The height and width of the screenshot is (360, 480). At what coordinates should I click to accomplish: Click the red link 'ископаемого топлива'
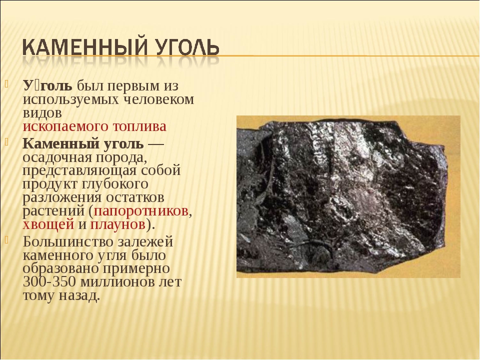click(x=94, y=126)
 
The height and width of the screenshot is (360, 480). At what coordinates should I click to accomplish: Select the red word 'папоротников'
click(x=141, y=210)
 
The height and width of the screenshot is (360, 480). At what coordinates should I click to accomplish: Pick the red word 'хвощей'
click(x=48, y=224)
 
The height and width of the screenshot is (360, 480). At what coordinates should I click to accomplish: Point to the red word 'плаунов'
click(x=117, y=224)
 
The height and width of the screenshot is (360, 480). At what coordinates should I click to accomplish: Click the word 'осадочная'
click(x=57, y=157)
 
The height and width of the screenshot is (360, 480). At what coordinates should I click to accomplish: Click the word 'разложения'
click(x=62, y=197)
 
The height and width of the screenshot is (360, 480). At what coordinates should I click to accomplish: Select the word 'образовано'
click(x=60, y=268)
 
